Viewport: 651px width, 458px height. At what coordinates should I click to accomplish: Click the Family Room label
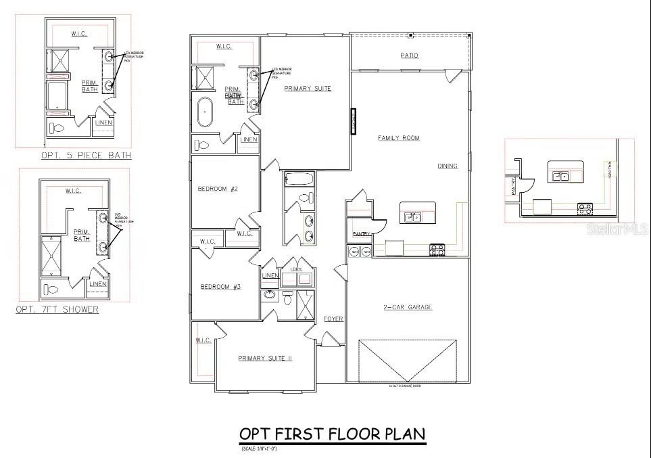pos(398,138)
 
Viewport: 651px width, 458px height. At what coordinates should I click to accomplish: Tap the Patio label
pos(409,55)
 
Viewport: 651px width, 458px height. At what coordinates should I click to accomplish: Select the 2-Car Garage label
pos(408,307)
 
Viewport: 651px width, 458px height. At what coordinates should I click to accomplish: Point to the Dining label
pos(448,166)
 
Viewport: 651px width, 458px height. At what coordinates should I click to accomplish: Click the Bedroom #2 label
pos(218,189)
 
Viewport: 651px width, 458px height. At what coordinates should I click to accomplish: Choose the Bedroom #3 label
pos(220,287)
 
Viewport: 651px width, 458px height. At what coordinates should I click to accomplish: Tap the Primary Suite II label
pos(265,359)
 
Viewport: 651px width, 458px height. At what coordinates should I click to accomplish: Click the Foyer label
pos(333,319)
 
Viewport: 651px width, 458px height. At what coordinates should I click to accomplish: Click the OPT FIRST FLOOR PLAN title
pos(332,434)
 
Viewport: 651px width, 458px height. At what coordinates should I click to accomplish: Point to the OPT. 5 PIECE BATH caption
pos(87,156)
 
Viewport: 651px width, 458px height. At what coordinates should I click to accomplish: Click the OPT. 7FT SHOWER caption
pos(57,310)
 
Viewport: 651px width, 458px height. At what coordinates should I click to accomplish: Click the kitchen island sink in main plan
pos(413,217)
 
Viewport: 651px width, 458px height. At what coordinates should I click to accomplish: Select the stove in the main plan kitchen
pos(437,250)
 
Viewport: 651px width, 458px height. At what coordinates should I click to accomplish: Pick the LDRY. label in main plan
pos(295,269)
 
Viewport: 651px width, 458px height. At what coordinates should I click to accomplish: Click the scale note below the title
pos(259,449)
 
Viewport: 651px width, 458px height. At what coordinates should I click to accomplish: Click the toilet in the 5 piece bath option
pos(57,128)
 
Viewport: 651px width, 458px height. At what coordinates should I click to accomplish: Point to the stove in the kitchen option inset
pos(585,209)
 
